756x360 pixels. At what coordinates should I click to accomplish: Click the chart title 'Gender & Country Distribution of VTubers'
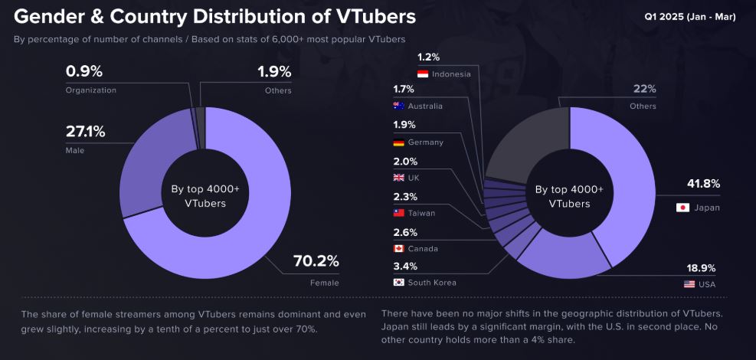point(215,16)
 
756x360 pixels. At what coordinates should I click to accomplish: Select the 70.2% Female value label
point(316,261)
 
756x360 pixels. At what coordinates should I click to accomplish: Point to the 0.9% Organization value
point(83,71)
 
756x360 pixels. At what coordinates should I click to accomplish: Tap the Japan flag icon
point(682,208)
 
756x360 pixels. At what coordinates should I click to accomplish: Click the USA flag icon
point(689,284)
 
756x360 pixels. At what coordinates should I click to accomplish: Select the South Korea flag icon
point(398,283)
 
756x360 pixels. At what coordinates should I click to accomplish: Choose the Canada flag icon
point(398,248)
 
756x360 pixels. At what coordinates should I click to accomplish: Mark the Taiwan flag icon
point(398,213)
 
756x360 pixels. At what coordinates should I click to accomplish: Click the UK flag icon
point(398,178)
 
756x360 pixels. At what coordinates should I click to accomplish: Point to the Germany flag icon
point(398,142)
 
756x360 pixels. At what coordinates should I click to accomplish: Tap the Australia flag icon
point(398,106)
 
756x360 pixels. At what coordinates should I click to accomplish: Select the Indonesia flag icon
point(422,74)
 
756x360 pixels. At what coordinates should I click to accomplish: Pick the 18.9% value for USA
point(700,267)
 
